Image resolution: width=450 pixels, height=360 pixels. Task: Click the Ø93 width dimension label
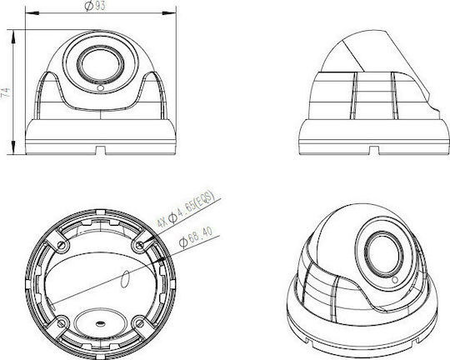[x=95, y=6]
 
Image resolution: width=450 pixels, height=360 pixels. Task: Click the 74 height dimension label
[x=6, y=92]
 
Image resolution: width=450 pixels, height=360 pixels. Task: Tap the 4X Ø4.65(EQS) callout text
[x=186, y=208]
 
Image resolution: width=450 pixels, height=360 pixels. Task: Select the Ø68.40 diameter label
[x=196, y=237]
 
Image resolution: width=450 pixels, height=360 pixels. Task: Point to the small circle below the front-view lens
[x=100, y=88]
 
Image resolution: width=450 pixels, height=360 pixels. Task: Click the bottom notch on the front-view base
[x=100, y=151]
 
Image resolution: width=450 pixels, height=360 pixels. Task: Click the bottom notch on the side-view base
[x=373, y=151]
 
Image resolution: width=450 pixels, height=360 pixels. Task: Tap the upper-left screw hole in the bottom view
[x=61, y=245]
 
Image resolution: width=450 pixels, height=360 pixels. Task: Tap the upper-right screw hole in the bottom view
[x=140, y=245]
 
